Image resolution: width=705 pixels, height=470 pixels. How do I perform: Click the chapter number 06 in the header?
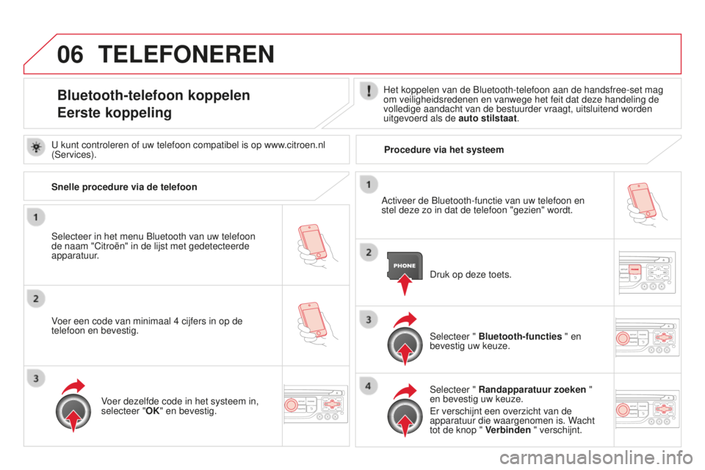point(70,54)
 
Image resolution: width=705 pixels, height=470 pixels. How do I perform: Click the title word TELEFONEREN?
point(186,54)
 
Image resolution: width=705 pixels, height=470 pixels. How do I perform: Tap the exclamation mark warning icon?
point(369,91)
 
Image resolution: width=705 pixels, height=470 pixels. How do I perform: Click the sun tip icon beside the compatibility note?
point(36,147)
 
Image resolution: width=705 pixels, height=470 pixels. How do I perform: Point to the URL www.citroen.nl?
point(294,145)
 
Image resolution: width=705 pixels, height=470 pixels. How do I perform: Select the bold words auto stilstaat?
point(488,119)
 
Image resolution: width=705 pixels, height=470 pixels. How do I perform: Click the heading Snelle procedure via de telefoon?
point(124,187)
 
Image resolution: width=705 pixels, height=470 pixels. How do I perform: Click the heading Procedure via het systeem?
point(444,150)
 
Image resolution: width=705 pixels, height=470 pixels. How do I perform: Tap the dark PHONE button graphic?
point(405,265)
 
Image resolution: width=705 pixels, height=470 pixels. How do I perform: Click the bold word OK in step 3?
point(153,411)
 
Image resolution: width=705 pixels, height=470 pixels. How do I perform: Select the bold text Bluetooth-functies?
point(520,336)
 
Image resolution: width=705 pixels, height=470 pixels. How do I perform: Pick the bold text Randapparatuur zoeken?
point(532,389)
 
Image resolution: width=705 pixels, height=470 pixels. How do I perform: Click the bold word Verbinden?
point(508,430)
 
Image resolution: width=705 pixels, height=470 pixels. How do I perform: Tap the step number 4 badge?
point(368,386)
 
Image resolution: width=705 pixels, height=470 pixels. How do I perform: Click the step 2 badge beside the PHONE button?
point(369,253)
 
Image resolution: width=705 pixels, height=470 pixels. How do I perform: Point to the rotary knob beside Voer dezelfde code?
point(73,411)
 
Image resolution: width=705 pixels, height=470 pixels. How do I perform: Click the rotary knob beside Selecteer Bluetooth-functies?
point(405,345)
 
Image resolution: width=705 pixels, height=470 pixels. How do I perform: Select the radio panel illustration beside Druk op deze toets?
point(647,272)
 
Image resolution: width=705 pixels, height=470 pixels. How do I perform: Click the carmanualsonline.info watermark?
point(596,458)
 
